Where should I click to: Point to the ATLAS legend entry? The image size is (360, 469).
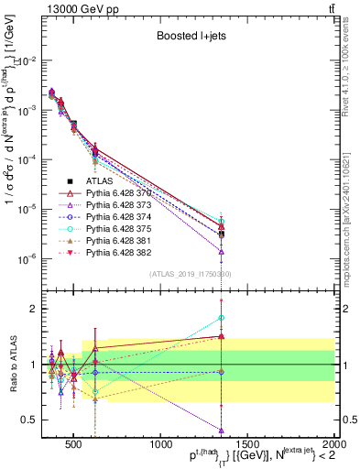[101, 182]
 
